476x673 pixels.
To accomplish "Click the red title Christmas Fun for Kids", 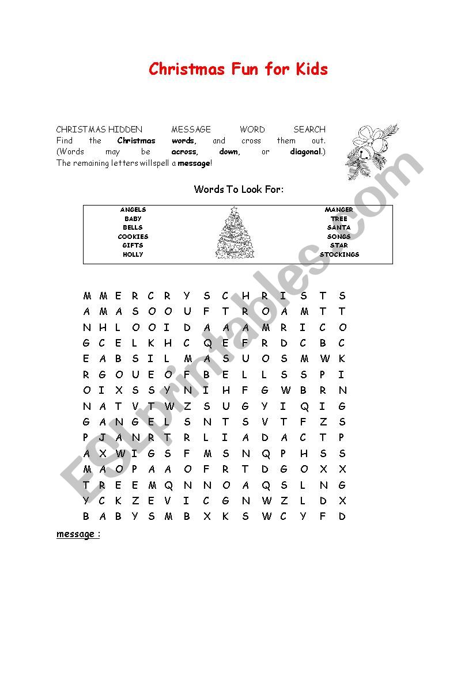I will click(x=238, y=70).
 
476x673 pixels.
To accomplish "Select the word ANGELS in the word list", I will click(x=133, y=210).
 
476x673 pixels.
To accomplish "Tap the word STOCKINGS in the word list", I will click(x=339, y=254).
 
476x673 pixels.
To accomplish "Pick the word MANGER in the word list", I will click(x=339, y=210).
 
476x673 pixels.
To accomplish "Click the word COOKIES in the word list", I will click(x=133, y=237).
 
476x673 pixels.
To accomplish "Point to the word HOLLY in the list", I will click(x=133, y=254).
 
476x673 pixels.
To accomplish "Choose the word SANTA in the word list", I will click(x=339, y=228).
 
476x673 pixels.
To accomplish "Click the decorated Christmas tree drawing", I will click(x=235, y=233).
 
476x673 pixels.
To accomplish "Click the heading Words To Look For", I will click(x=239, y=189).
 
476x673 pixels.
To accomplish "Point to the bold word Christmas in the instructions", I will click(x=137, y=141).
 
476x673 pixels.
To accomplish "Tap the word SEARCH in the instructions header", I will click(x=309, y=130).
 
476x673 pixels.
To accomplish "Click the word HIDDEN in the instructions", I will click(x=125, y=130).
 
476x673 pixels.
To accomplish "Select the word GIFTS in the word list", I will click(x=133, y=246).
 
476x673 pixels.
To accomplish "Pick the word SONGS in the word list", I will click(x=339, y=237).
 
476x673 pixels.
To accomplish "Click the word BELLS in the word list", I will click(x=133, y=228).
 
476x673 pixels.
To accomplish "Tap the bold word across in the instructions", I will click(x=184, y=152).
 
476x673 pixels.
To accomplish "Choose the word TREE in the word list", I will click(x=339, y=219).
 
